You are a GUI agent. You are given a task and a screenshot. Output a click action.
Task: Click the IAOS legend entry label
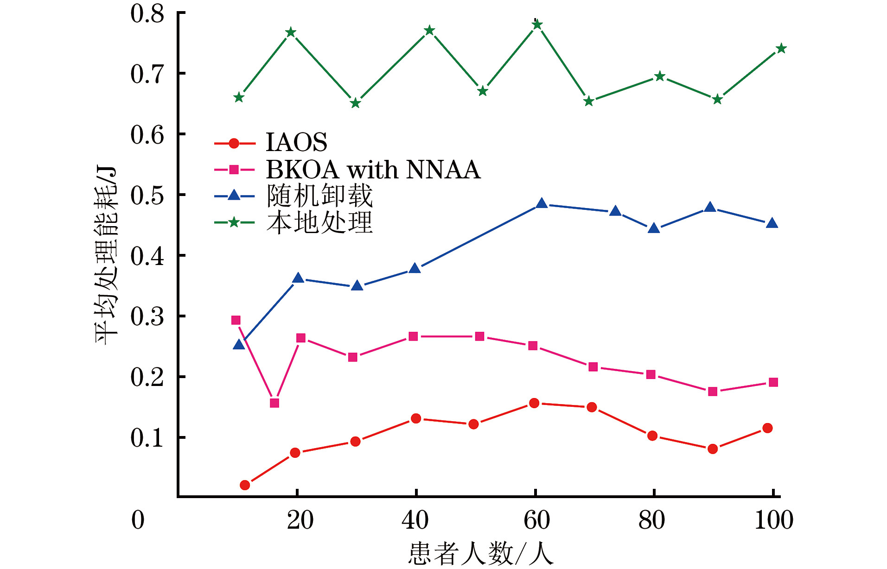[x=296, y=142]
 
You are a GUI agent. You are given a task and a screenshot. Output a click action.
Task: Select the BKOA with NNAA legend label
[x=373, y=170]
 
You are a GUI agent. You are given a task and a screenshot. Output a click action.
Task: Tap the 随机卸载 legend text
[x=319, y=196]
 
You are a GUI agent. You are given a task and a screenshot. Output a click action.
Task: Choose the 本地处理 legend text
[x=319, y=222]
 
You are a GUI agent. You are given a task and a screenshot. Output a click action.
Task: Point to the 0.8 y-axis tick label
[x=147, y=13]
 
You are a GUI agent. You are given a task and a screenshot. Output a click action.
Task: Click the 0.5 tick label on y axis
[x=147, y=195]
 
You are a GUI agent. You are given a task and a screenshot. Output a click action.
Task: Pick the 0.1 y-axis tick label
[x=147, y=437]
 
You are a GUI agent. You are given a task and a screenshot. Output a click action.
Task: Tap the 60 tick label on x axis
[x=536, y=520]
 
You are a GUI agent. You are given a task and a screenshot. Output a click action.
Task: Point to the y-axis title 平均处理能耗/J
[x=106, y=255]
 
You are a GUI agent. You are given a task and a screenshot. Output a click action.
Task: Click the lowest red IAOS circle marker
[x=245, y=485]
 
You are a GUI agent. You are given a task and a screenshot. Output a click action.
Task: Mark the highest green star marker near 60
[x=537, y=25]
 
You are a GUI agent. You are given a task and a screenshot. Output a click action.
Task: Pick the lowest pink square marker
[x=274, y=403]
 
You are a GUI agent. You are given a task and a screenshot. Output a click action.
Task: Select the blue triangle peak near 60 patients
[x=542, y=203]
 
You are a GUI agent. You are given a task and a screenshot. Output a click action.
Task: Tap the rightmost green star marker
[x=781, y=49]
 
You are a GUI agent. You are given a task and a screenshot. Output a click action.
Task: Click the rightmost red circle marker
[x=767, y=428]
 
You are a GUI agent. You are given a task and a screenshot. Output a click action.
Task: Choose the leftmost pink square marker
[x=236, y=320]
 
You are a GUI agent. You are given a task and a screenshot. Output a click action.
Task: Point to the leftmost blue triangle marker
[x=239, y=344]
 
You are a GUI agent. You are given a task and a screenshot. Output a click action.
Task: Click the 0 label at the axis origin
[x=138, y=520]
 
